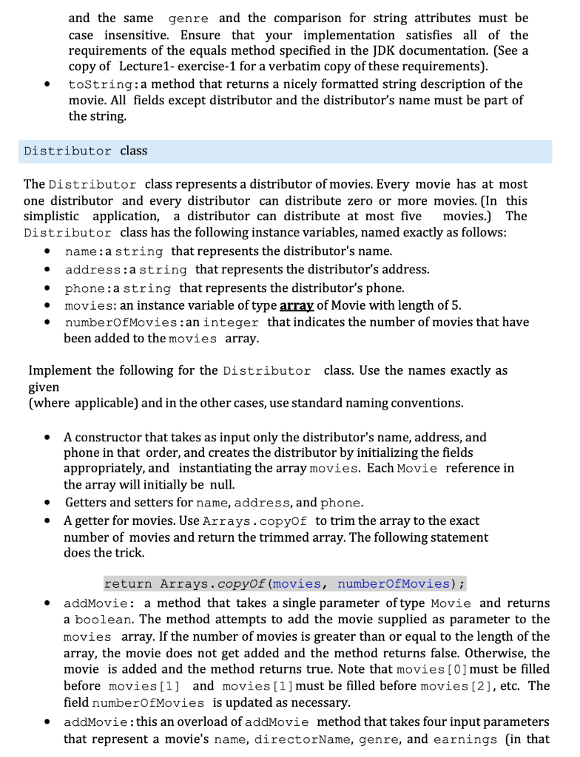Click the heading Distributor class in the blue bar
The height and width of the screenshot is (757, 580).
tap(85, 151)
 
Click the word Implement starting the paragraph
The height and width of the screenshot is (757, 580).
tap(59, 370)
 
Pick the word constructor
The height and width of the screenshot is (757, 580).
tap(109, 437)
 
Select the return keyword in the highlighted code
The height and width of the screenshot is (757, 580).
tap(128, 584)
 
